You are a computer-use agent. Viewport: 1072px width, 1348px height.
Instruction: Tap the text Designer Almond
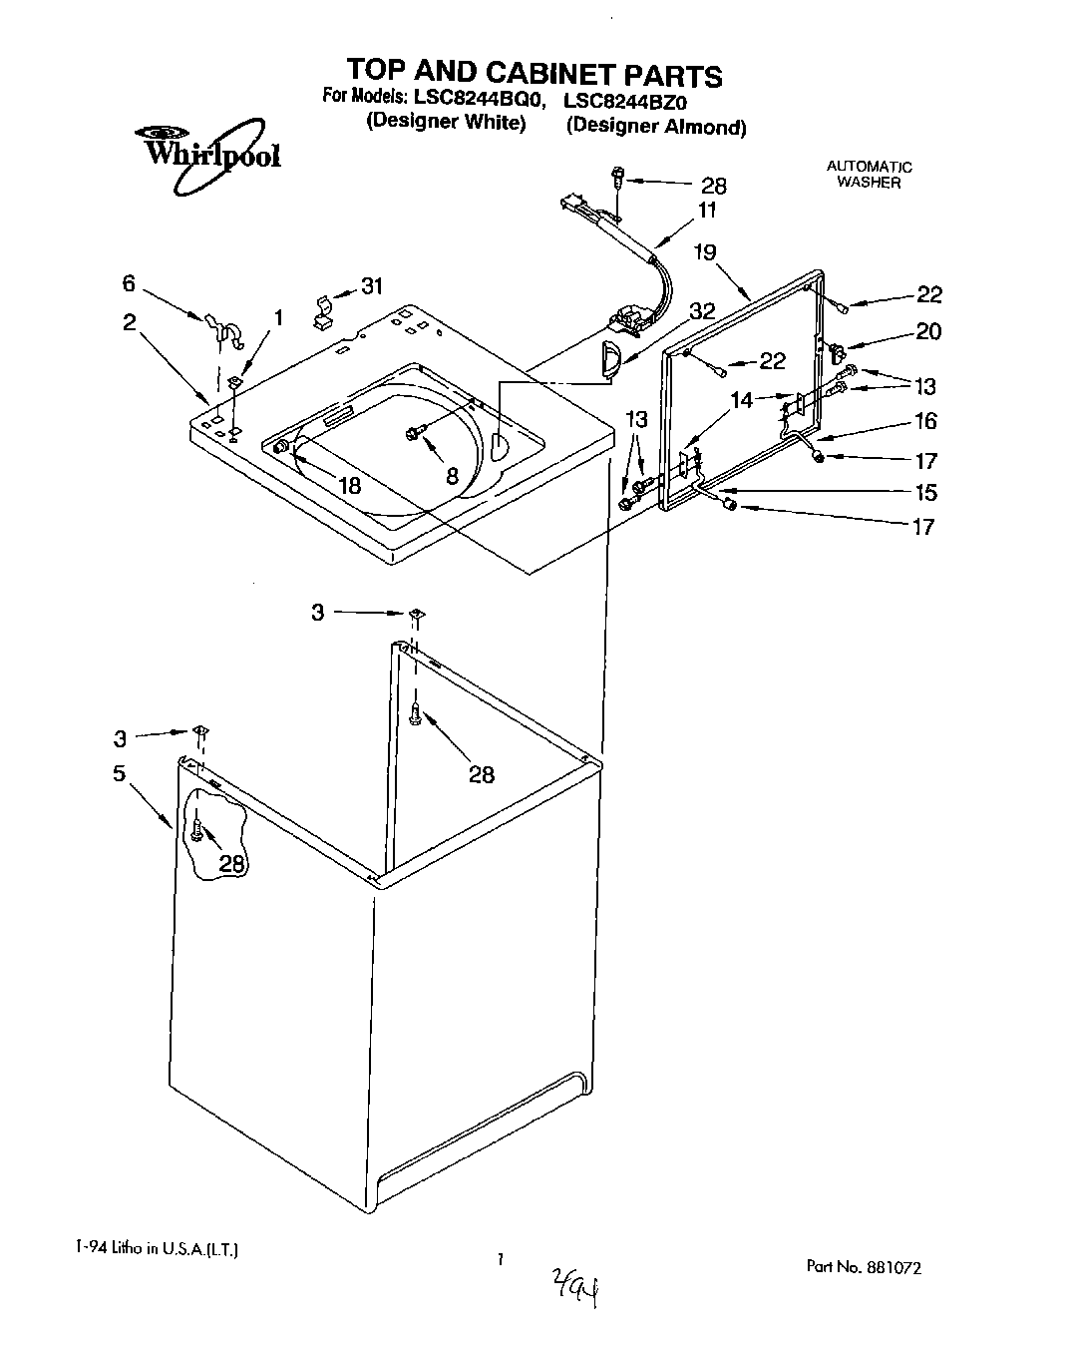[656, 127]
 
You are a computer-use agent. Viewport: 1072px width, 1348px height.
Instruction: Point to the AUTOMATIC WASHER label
[869, 175]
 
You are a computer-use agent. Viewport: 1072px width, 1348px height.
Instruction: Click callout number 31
[371, 286]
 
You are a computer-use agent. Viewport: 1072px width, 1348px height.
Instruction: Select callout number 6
[129, 283]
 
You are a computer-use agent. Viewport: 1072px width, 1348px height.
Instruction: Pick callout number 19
[705, 252]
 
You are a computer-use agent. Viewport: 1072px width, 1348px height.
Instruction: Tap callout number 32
[702, 310]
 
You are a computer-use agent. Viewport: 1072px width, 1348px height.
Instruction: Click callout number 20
[927, 331]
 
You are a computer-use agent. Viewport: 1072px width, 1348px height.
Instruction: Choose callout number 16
[925, 421]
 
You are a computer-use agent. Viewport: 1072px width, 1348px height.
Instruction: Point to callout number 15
[924, 492]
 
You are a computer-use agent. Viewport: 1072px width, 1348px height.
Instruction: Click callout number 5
[119, 773]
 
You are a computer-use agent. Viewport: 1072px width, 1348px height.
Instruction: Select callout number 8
[452, 476]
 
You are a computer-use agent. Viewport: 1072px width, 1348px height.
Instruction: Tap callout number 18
[348, 486]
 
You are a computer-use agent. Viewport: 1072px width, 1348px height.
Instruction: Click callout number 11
[707, 211]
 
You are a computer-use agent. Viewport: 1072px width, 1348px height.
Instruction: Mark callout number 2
[130, 321]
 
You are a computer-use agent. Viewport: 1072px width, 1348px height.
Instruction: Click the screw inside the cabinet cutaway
[197, 828]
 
